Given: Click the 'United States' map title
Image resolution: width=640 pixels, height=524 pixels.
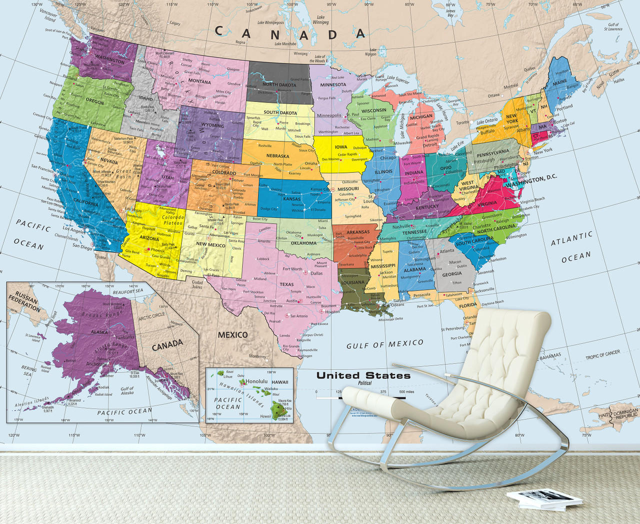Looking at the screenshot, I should tap(363, 375).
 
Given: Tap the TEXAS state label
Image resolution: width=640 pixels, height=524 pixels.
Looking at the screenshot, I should tap(286, 284).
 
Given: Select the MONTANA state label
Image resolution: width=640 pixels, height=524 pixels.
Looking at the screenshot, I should tap(199, 81).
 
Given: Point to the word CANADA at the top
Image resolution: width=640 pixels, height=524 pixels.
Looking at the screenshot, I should tap(290, 33).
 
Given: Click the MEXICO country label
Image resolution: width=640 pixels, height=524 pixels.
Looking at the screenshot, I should tap(232, 335).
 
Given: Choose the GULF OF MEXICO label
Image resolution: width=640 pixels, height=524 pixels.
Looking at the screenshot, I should tap(385, 344).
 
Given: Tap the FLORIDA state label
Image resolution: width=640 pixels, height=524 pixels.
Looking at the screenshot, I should tap(468, 305).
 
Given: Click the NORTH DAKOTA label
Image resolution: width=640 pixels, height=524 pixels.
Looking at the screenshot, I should tap(279, 84).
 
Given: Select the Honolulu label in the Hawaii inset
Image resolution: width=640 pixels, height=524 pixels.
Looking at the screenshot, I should tap(257, 381).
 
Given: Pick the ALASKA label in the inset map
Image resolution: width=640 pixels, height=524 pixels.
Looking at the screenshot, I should tap(99, 332).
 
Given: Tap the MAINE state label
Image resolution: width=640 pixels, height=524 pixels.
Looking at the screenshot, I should tap(560, 82).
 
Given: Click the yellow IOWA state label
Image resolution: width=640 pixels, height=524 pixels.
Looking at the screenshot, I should tap(341, 147).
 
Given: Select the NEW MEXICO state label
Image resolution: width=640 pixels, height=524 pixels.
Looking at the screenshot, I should tap(210, 244).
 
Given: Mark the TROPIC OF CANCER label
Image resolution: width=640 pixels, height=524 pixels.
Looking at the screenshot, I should tap(602, 355).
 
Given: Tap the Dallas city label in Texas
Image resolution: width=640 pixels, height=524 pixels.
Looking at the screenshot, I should tap(316, 273).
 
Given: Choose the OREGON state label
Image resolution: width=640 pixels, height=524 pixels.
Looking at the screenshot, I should tap(95, 102).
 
